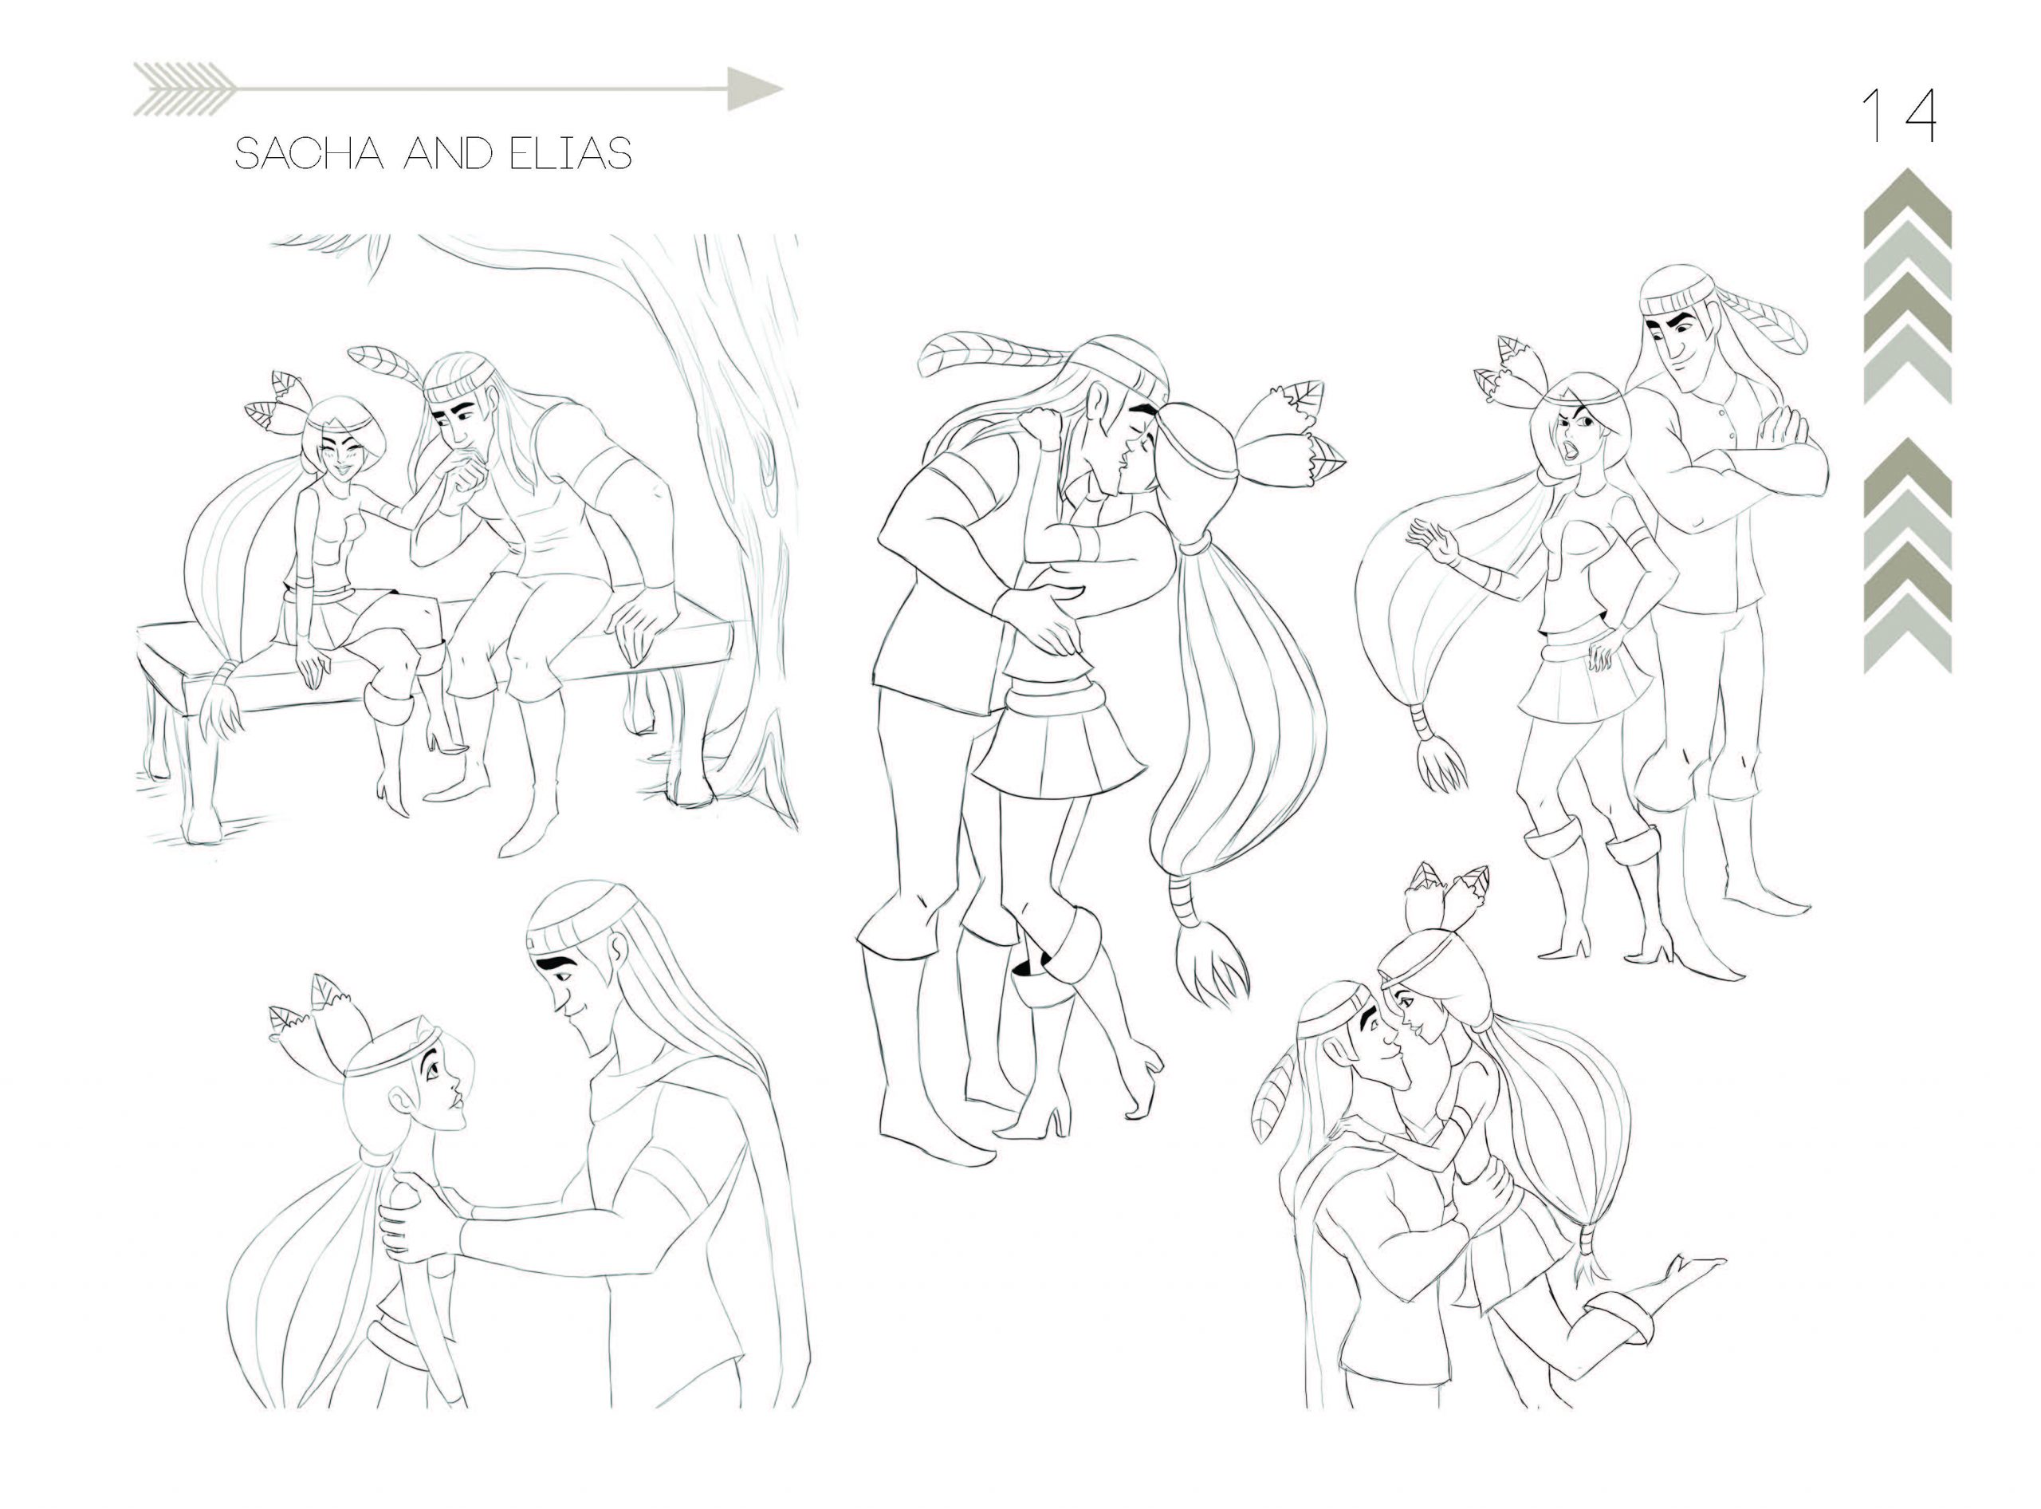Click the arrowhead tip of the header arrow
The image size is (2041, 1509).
point(783,89)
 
